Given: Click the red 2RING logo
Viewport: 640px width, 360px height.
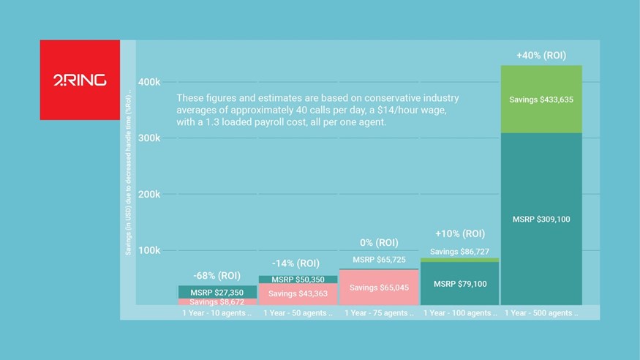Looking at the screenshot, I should (80, 80).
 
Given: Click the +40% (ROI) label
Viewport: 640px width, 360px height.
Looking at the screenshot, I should (541, 55).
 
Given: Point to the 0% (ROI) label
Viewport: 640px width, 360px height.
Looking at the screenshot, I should (379, 242).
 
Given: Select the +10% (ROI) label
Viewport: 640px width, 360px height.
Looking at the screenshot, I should (460, 234).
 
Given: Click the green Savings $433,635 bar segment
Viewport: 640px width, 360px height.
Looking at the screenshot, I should (541, 99).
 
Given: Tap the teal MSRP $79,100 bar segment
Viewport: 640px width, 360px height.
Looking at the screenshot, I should (460, 283).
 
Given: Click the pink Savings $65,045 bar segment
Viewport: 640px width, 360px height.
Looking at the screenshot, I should (379, 288).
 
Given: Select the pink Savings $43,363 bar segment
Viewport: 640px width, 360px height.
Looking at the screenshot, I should (298, 293).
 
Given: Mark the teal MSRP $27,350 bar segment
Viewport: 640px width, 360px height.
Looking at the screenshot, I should (217, 292).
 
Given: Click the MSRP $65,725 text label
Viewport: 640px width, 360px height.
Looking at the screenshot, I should (379, 260).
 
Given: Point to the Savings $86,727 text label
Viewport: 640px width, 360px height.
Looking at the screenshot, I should (460, 251).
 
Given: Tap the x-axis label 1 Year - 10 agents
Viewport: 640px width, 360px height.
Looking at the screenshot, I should (217, 313).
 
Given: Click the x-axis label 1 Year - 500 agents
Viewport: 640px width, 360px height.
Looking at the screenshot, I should (541, 313).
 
